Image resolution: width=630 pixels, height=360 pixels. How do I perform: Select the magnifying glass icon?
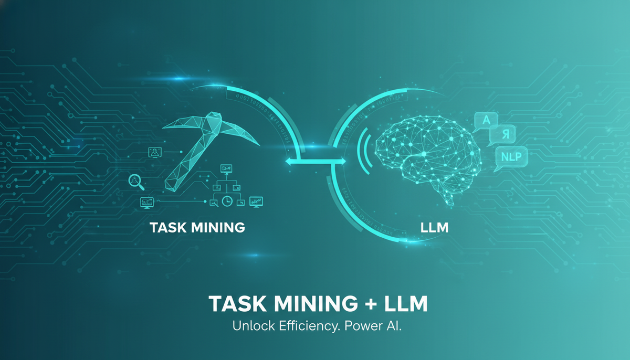135,181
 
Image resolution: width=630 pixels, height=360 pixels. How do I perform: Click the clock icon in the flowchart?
227,200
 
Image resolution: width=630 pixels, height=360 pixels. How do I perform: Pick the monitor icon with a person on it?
155,153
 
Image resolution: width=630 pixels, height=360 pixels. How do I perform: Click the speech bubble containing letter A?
486,121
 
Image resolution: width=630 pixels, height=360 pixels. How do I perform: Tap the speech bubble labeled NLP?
511,156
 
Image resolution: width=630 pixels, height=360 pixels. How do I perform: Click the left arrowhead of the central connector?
288,163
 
